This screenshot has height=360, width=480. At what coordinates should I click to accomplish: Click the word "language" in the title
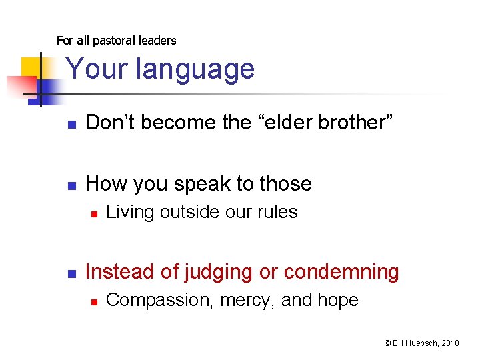[x=199, y=69]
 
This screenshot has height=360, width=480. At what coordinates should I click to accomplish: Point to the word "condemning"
[x=341, y=273]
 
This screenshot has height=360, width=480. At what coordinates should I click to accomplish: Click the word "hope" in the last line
[x=338, y=301]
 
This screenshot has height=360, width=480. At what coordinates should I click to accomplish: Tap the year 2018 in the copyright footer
[x=449, y=343]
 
